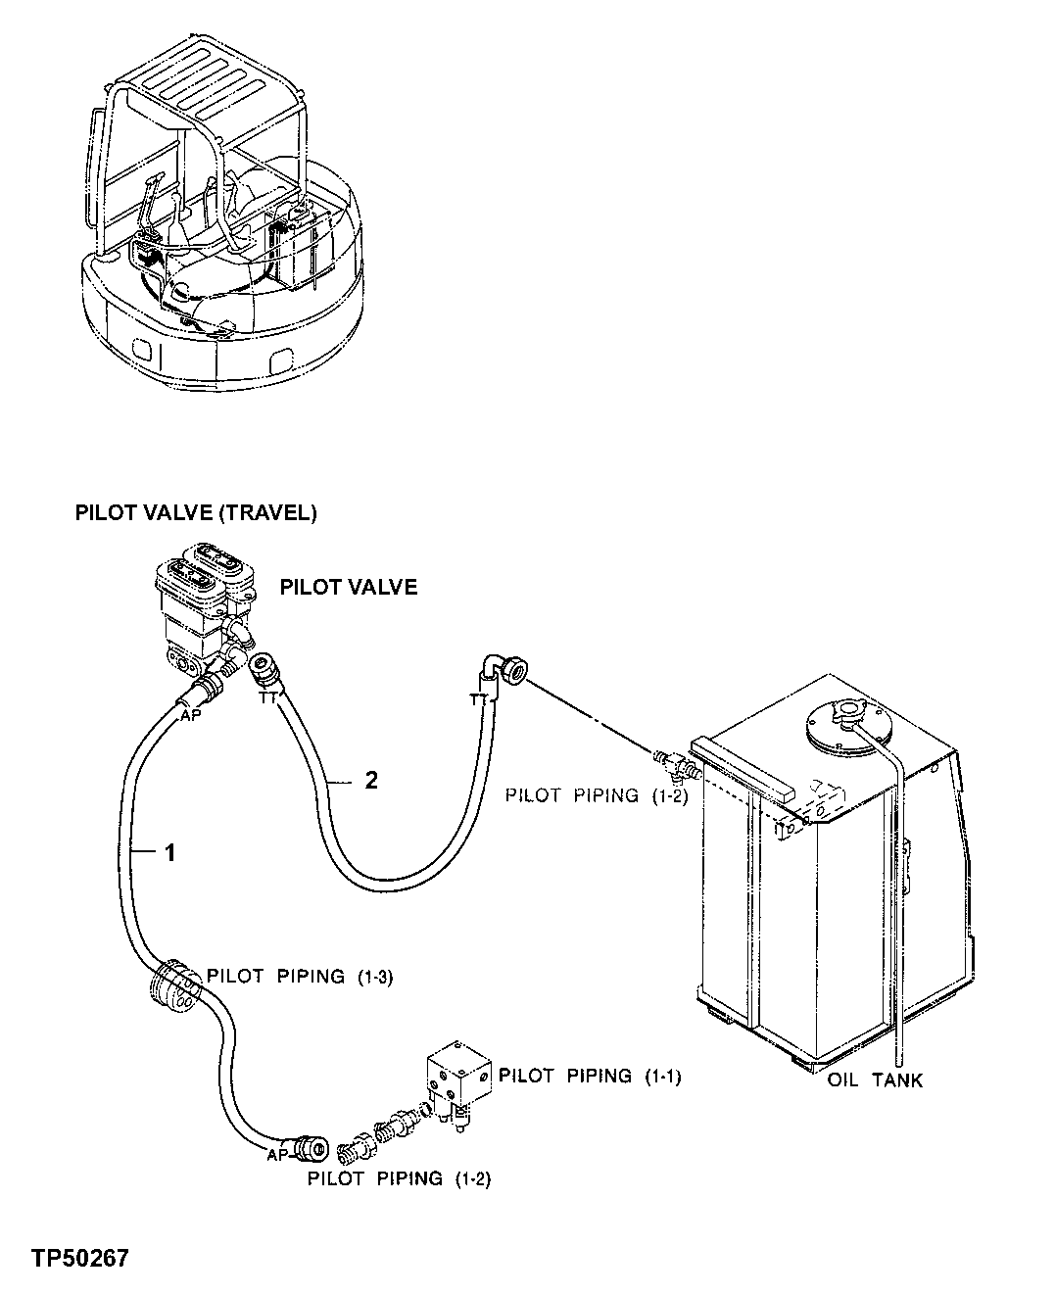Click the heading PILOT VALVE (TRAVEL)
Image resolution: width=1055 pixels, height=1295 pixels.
[195, 513]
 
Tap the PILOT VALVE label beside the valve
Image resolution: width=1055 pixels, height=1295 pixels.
[348, 587]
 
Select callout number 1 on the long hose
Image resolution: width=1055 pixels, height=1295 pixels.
[169, 853]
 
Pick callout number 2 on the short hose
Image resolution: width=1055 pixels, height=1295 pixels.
[370, 780]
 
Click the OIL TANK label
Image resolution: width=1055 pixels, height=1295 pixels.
[875, 1080]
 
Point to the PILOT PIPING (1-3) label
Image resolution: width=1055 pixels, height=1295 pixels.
[299, 977]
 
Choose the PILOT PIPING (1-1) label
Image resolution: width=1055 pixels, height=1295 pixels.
[590, 1076]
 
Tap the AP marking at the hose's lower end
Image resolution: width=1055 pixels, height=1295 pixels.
[278, 1156]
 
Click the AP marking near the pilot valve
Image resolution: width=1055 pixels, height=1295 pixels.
[190, 716]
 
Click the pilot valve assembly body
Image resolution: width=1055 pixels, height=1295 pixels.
[201, 612]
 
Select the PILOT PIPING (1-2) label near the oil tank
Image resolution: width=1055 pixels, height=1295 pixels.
[597, 795]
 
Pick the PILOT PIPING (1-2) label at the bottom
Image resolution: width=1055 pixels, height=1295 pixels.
[399, 1178]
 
